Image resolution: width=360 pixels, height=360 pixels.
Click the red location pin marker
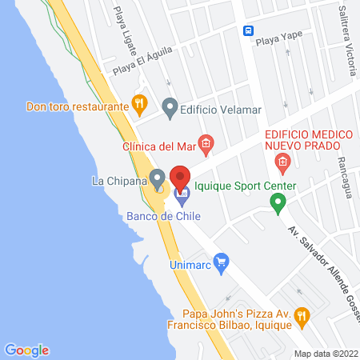pos(180,178)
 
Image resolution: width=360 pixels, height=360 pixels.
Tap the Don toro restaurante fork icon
pos(139,102)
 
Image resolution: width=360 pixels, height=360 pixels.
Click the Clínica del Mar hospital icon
pos(206,145)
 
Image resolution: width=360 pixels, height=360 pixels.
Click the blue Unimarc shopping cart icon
pos(222,262)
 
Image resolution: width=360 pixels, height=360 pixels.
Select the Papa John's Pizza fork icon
pos(301,316)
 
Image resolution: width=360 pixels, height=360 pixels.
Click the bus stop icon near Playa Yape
pos(249,30)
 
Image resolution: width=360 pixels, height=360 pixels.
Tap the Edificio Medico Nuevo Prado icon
pos(282,164)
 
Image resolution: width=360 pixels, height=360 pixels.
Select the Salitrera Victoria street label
pos(346,40)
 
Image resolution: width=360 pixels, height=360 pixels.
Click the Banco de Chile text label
pos(163,215)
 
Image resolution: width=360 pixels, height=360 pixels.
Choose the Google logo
pos(26,350)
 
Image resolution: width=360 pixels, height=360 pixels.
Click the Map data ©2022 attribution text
pos(326,354)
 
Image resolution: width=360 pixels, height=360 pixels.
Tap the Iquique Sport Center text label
pos(246,186)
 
